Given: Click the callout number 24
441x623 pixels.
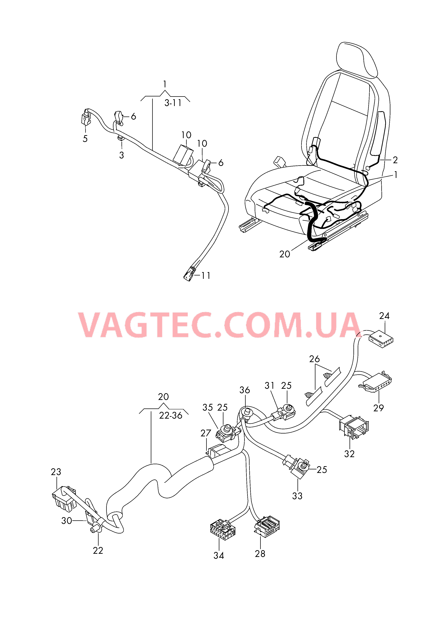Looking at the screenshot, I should [384, 316].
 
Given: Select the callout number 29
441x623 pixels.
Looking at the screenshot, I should [378, 408].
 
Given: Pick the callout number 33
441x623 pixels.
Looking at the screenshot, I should [297, 496].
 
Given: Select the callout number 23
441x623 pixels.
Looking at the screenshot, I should [56, 472].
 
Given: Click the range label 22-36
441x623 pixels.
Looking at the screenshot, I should [171, 416].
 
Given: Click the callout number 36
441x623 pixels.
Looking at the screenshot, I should [244, 390].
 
